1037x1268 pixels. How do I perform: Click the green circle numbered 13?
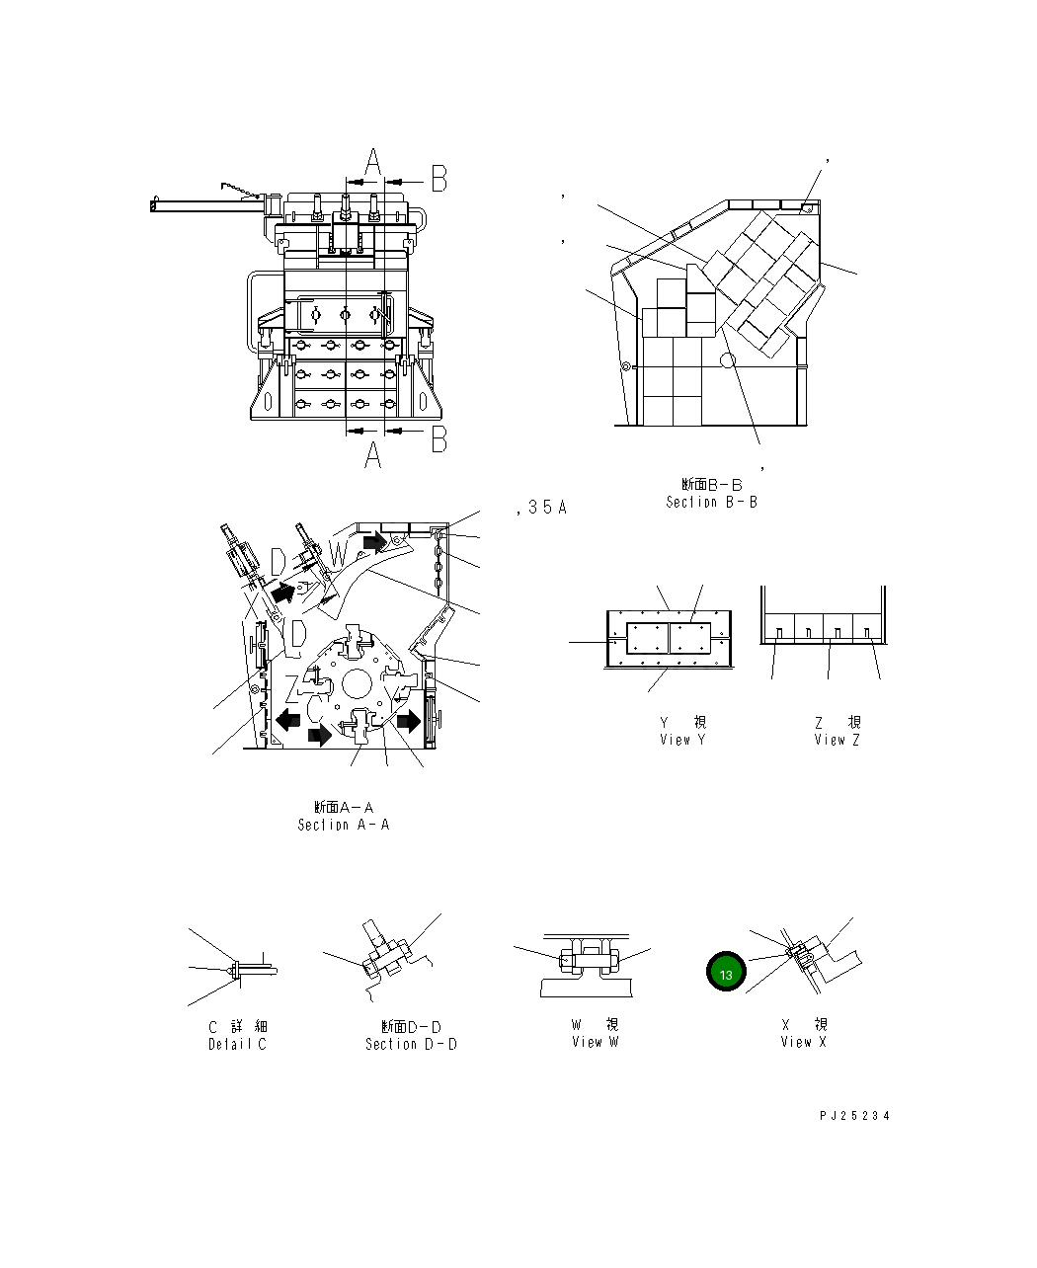tap(726, 973)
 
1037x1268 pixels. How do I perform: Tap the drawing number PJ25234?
tap(854, 1116)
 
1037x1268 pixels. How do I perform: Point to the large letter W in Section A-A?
tap(339, 556)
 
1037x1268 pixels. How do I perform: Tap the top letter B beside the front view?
tap(439, 180)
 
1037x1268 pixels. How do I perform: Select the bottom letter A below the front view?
tap(372, 456)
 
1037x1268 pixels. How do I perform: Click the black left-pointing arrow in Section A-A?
tap(288, 719)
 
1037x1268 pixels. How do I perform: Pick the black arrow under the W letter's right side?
tap(375, 541)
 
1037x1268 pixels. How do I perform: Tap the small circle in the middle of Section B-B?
tap(728, 361)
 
